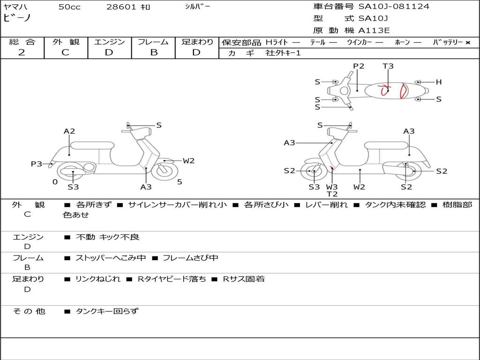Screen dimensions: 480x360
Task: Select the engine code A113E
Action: pyautogui.click(x=374, y=30)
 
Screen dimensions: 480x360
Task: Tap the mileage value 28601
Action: pyautogui.click(x=121, y=7)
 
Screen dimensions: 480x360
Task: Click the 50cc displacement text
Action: pyautogui.click(x=69, y=7)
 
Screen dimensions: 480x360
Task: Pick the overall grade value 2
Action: pyautogui.click(x=22, y=52)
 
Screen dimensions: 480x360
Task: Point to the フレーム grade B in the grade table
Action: pyautogui.click(x=153, y=52)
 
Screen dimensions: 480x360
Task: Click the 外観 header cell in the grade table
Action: pyautogui.click(x=66, y=42)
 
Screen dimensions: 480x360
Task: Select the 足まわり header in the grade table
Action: pyautogui.click(x=197, y=42)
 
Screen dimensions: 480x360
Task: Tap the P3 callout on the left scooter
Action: pyautogui.click(x=36, y=164)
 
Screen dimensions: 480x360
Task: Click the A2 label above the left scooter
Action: pyautogui.click(x=69, y=131)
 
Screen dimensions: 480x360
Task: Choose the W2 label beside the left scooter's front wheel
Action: pyautogui.click(x=188, y=161)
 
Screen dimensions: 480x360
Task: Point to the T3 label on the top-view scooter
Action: pyautogui.click(x=388, y=66)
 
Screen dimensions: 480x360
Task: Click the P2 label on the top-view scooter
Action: pyautogui.click(x=359, y=66)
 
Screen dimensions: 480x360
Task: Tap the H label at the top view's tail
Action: pyautogui.click(x=439, y=82)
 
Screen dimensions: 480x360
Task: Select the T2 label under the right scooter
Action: pyautogui.click(x=332, y=194)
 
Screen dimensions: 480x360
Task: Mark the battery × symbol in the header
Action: pyautogui.click(x=467, y=42)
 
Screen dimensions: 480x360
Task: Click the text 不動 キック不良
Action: pyautogui.click(x=108, y=237)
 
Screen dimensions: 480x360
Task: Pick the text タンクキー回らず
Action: pyautogui.click(x=107, y=311)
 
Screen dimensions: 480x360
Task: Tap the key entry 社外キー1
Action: pyautogui.click(x=284, y=53)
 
